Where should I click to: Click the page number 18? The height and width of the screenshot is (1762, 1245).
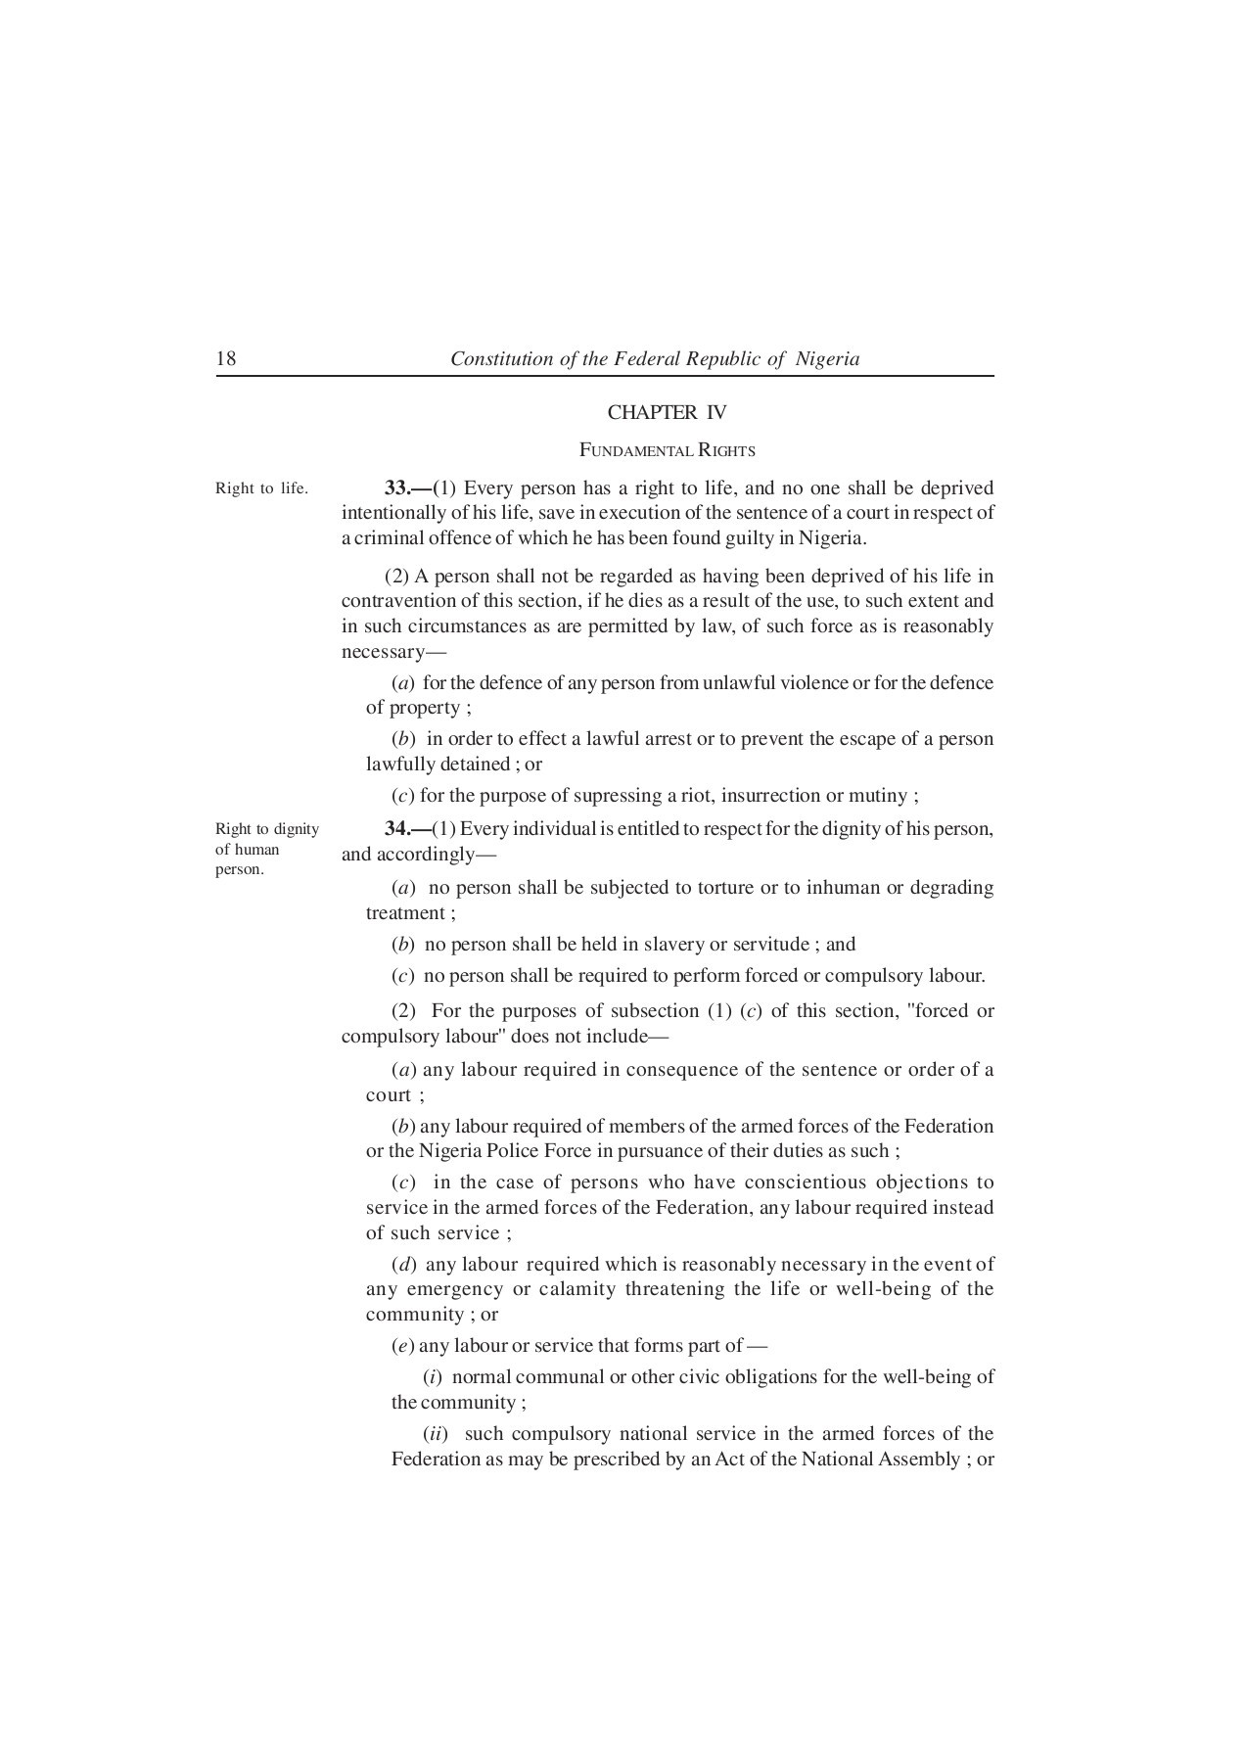(225, 358)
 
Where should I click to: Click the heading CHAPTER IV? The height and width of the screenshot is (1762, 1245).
(667, 412)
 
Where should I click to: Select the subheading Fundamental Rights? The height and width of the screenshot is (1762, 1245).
(667, 450)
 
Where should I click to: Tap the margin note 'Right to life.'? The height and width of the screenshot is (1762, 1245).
(261, 487)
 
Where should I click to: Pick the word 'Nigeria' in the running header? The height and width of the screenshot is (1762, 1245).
(827, 358)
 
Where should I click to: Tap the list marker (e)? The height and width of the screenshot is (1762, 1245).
(402, 1346)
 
